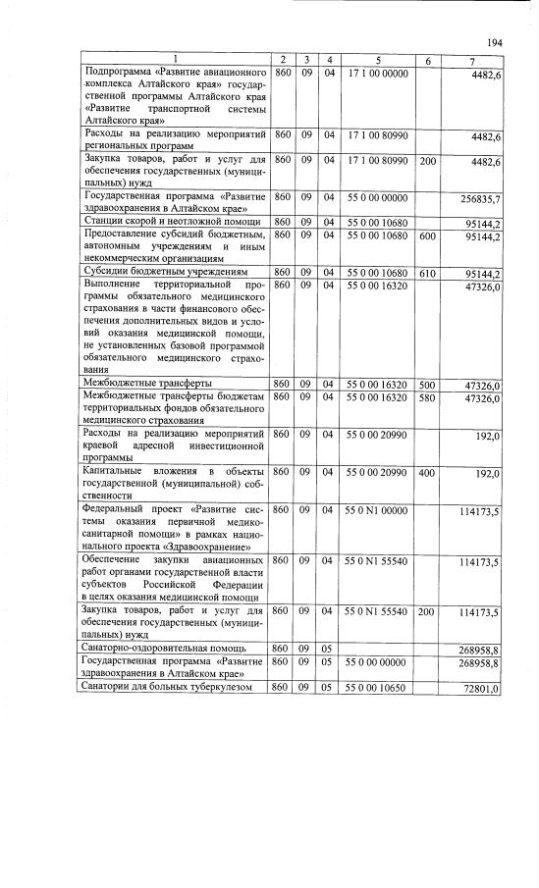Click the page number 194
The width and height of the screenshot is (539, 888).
coord(494,42)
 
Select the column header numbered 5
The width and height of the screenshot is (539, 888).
coord(378,61)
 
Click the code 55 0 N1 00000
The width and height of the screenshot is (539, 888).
coord(378,510)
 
